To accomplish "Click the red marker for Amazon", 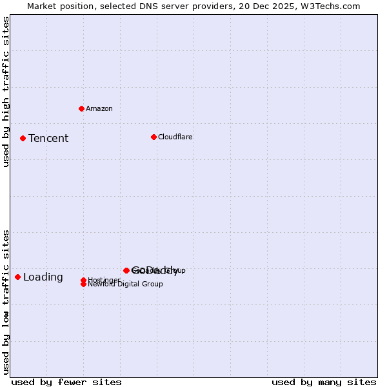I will [x=81, y=108].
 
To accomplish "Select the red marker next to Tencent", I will [x=23, y=138].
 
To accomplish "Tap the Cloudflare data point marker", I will [x=154, y=137].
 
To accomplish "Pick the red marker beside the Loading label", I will [x=17, y=277].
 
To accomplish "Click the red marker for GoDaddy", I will [x=126, y=270].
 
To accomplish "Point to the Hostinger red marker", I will [x=84, y=280].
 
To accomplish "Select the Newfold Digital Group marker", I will [x=84, y=284].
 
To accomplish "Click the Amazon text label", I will [x=99, y=108].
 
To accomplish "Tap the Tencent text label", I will [x=48, y=138].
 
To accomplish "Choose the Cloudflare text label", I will [x=175, y=137].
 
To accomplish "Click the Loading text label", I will [x=43, y=277].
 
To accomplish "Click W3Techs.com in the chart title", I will [x=328, y=6].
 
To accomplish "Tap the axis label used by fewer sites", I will [x=66, y=382].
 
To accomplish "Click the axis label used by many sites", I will [x=324, y=382].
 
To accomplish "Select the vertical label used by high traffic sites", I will [x=6, y=92].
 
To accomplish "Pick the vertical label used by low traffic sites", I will [x=6, y=302].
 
